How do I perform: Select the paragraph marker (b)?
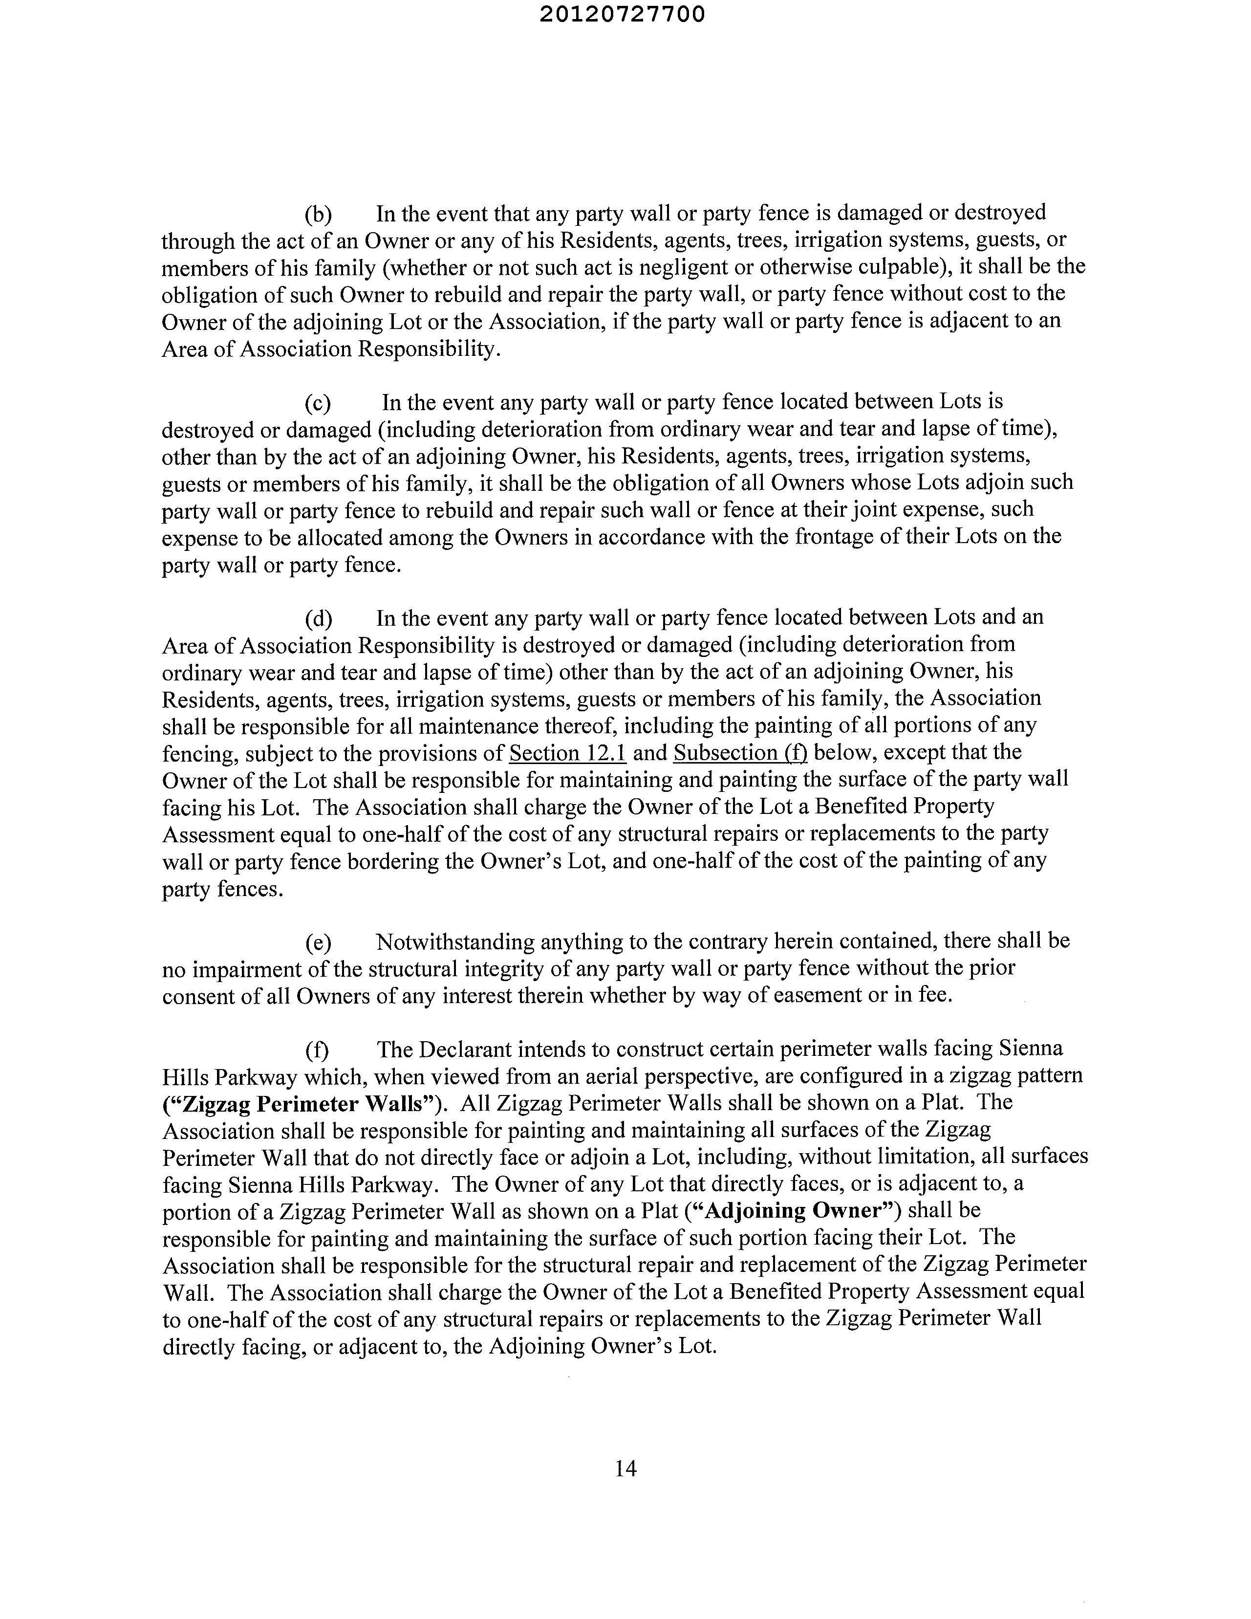[318, 214]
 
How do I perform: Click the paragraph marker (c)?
[318, 402]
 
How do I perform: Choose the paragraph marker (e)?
[318, 942]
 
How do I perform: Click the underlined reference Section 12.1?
[568, 753]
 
